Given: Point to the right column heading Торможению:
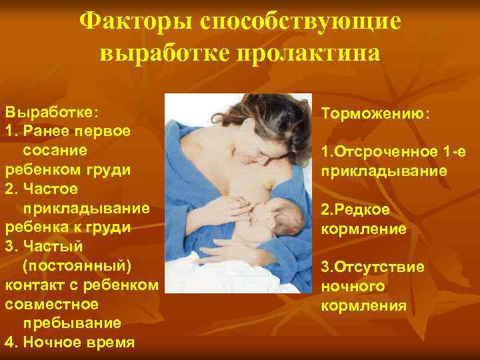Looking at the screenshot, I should pos(376,113).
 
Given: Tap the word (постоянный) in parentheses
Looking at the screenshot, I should pos(77,266).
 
